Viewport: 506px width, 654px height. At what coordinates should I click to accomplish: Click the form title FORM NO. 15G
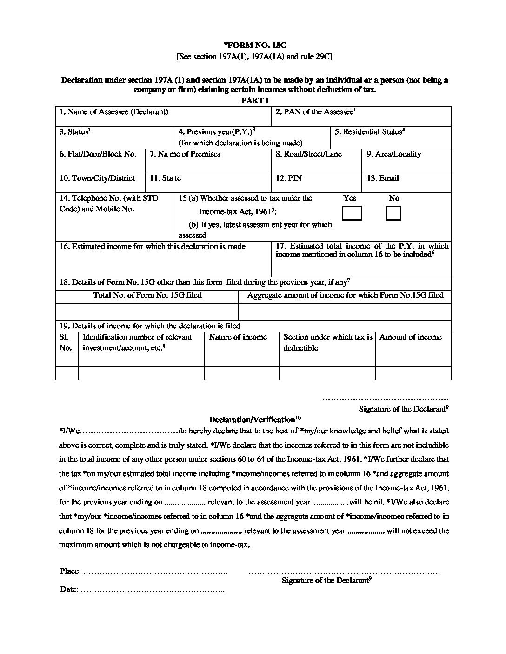[x=255, y=45]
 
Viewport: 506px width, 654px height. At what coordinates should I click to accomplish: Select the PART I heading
[x=254, y=100]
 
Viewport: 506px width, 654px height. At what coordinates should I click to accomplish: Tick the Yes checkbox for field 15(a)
[x=352, y=213]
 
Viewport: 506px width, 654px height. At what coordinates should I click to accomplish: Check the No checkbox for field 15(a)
[x=393, y=213]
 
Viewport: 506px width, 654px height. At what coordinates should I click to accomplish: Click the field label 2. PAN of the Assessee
[x=315, y=112]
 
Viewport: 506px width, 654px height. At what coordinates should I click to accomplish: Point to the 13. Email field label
[x=382, y=178]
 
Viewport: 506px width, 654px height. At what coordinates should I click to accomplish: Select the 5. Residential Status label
[x=369, y=132]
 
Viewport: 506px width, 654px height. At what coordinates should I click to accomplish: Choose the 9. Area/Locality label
[x=393, y=154]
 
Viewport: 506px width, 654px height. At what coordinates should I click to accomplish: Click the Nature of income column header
[x=238, y=337]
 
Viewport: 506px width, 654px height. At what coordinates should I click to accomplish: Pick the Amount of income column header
[x=410, y=337]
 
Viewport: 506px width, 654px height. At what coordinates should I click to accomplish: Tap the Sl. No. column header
[x=66, y=343]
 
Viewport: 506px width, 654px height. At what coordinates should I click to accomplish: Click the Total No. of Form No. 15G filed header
[x=147, y=295]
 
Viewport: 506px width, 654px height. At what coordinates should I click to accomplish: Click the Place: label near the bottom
[x=70, y=571]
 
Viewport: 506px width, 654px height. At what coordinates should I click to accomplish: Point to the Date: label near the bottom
[x=69, y=589]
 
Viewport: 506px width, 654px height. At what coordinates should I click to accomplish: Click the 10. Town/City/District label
[x=97, y=178]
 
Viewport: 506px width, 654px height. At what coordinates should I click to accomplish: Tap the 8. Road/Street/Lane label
[x=308, y=154]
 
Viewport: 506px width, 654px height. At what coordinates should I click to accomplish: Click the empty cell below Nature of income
[x=241, y=373]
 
